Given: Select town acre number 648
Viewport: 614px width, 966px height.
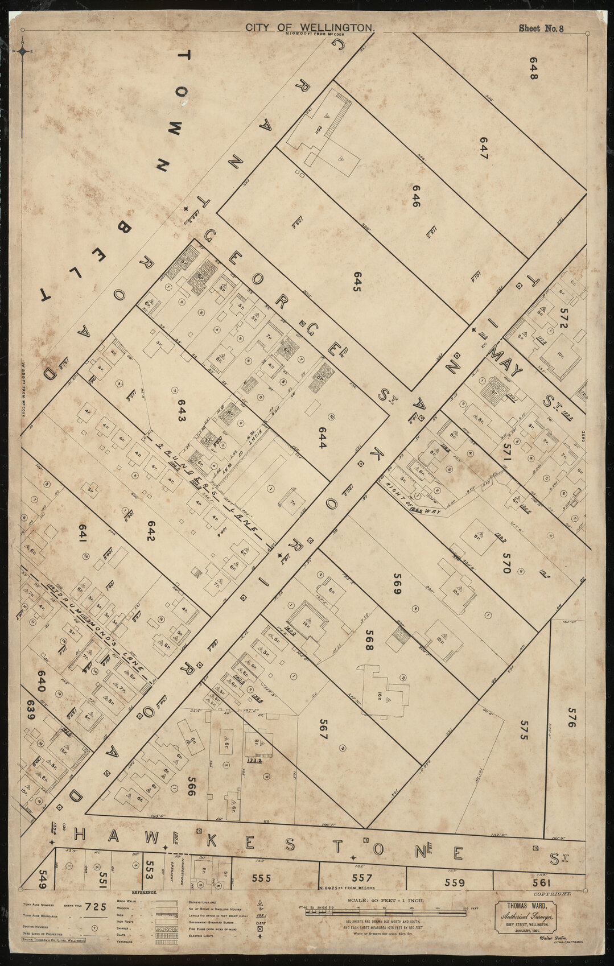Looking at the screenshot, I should (533, 68).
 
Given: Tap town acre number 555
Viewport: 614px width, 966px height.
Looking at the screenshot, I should (261, 878).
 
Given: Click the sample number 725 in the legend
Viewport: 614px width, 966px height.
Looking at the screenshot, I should (94, 907).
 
